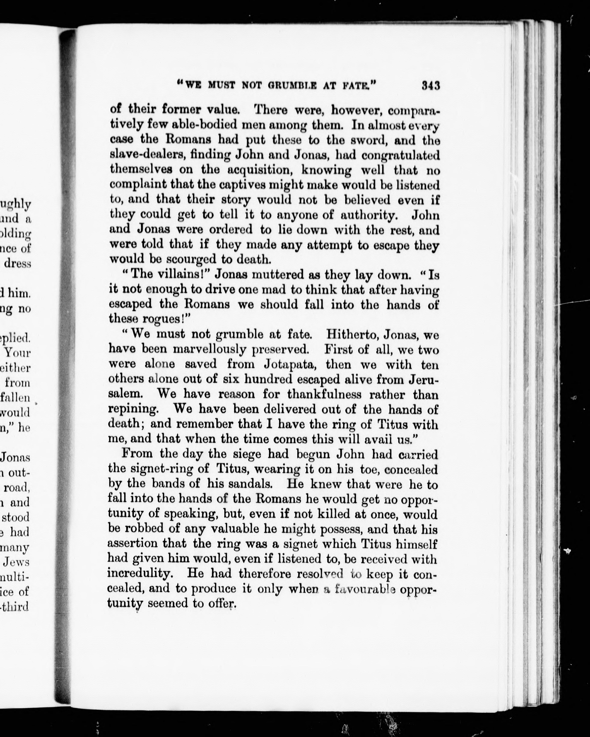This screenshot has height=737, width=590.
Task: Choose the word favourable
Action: (x=365, y=589)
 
